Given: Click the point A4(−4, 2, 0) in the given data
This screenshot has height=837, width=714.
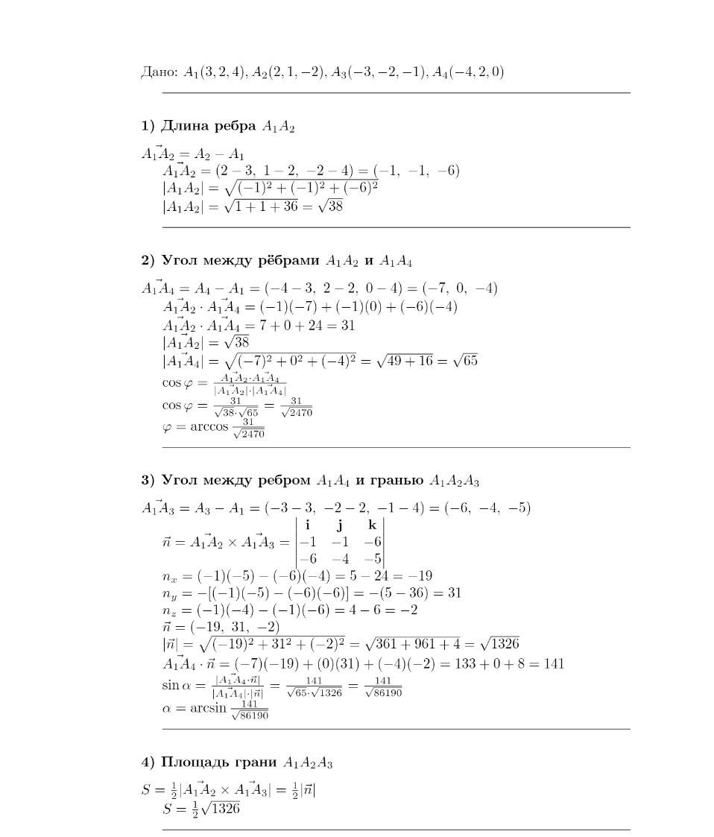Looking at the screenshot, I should (471, 72).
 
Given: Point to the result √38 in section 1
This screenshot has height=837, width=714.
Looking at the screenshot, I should (330, 206).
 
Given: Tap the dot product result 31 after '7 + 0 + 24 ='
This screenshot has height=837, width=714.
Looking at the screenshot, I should (347, 325).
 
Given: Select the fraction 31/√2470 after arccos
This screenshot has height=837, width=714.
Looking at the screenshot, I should (247, 429).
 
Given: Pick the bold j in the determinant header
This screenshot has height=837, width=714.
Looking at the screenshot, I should (338, 525).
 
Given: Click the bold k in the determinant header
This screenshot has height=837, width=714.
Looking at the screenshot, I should (373, 525).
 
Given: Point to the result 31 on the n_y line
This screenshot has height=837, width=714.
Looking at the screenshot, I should (453, 593).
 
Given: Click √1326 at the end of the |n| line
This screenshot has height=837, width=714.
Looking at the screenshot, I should (499, 643).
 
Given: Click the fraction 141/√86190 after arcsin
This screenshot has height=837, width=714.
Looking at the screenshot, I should (249, 710).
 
